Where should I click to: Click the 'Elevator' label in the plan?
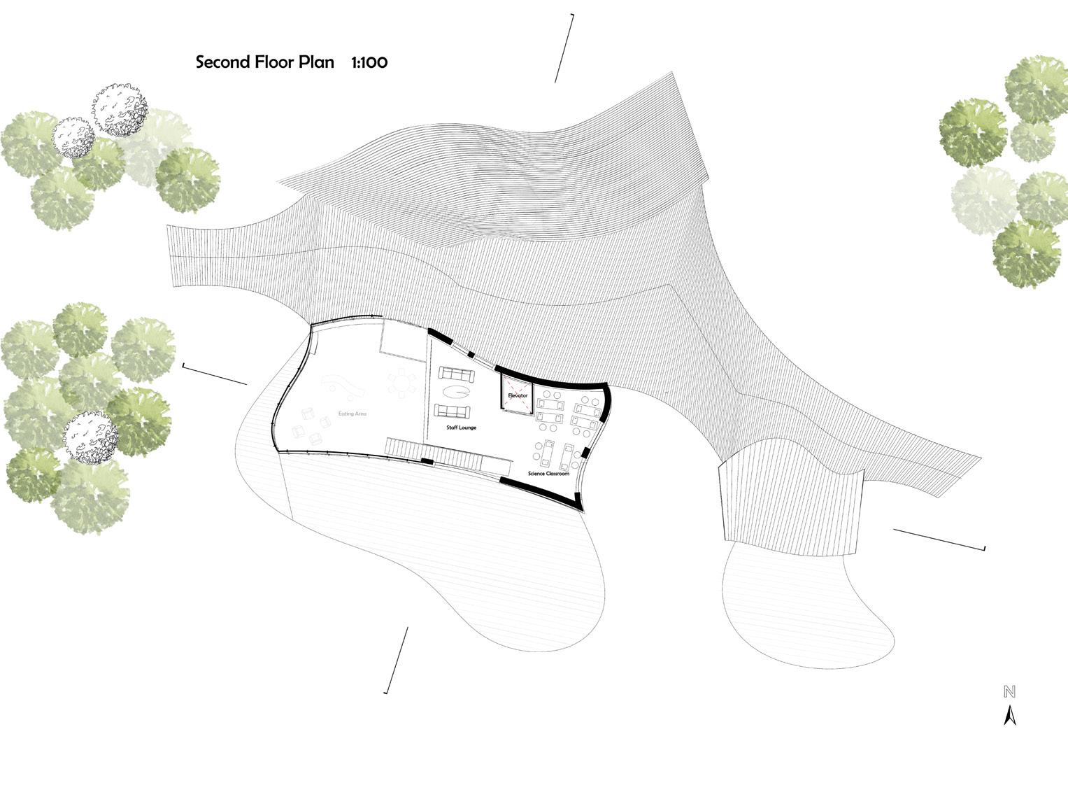point(518,395)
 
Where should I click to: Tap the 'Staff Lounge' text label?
point(461,427)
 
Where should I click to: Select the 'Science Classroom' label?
point(548,474)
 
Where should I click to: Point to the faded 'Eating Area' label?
point(353,414)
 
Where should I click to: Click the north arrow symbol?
point(1009,716)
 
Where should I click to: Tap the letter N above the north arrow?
point(1009,692)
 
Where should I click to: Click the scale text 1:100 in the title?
point(369,62)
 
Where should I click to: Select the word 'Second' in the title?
point(223,62)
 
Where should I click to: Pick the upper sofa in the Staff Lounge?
point(456,374)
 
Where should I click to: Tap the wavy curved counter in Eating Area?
point(340,383)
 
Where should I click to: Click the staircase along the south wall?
point(434,453)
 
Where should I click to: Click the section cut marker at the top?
point(564,48)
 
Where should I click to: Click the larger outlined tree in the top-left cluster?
point(120,110)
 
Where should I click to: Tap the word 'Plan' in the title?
point(316,62)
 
